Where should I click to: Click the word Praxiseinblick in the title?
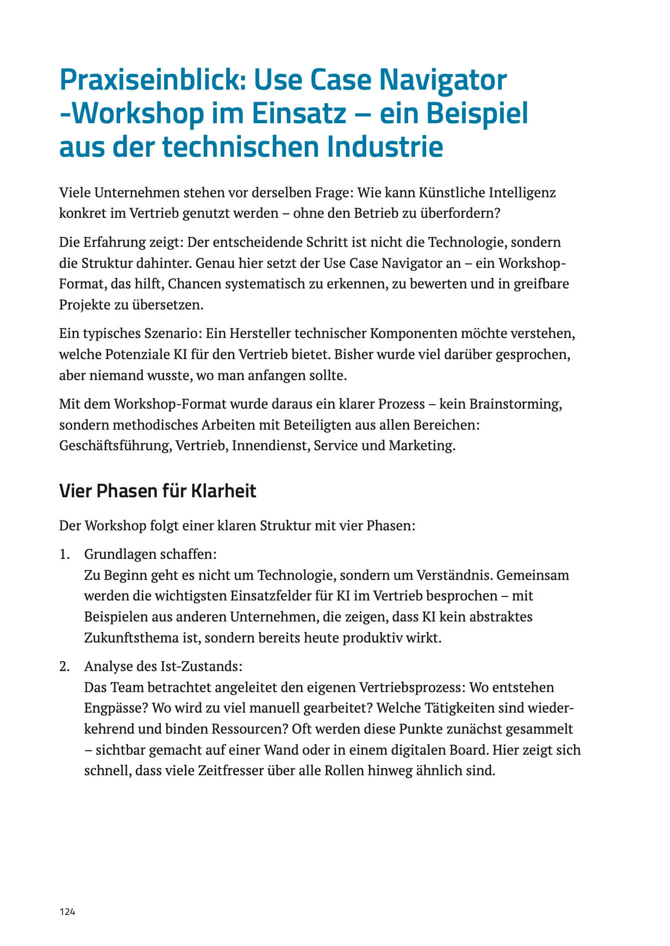point(152,80)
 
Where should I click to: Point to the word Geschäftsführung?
point(116,445)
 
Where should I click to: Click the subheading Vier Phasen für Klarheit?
point(157,491)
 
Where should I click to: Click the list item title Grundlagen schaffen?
point(150,554)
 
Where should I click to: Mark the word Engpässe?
point(116,708)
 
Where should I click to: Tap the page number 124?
point(67,912)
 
